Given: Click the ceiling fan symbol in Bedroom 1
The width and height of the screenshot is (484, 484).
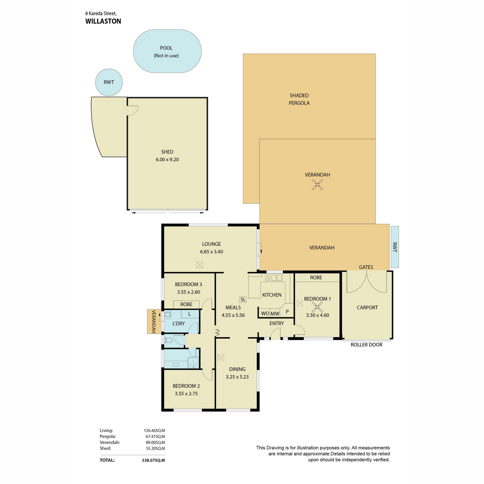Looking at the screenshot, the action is [317, 307].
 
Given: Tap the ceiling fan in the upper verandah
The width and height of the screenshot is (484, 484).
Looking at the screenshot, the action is [317, 185].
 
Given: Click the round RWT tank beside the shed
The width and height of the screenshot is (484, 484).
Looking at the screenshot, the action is [109, 82].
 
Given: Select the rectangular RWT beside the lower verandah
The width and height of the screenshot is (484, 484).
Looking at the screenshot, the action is [394, 247].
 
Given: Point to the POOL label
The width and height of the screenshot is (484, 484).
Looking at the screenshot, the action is [166, 48].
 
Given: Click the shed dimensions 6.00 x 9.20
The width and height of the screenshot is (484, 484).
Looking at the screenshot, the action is [167, 159].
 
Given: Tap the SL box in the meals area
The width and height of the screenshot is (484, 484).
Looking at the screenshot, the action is [243, 299].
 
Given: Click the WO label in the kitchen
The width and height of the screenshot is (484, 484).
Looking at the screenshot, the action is [265, 313].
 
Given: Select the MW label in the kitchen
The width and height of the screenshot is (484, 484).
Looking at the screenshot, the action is [275, 313].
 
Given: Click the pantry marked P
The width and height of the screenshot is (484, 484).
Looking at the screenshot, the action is [287, 311].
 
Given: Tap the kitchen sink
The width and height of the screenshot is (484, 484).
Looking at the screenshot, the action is [274, 277].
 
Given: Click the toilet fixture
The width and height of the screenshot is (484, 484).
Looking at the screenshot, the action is [168, 340].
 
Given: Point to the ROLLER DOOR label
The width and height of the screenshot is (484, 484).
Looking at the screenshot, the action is [366, 344].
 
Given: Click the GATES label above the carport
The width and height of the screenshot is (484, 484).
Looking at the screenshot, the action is [366, 267].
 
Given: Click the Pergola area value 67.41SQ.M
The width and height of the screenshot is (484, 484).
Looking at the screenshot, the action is [154, 436].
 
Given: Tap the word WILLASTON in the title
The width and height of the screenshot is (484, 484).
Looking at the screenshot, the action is [103, 21].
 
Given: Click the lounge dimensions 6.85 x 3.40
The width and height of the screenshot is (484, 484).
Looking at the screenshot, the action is [211, 252].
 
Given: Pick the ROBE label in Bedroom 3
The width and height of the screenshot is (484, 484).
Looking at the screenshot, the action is [186, 304].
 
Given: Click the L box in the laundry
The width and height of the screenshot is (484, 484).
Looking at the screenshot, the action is [190, 314].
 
